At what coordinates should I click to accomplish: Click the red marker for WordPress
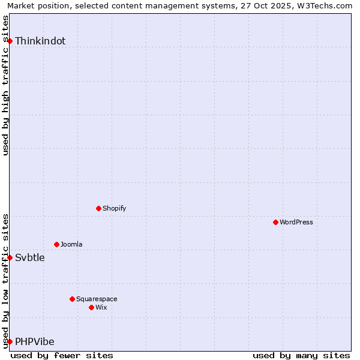[275, 222]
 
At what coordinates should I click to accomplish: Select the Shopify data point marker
[98, 208]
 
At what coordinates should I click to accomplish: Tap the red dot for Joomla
[56, 244]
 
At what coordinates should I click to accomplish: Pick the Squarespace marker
[72, 299]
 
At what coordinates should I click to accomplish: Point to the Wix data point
[91, 307]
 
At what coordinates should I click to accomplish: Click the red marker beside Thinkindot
[10, 41]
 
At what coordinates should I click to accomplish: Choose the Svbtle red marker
[10, 257]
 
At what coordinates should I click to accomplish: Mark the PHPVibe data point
[10, 341]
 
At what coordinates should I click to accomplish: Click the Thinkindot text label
[40, 41]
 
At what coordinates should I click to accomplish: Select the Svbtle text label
[30, 258]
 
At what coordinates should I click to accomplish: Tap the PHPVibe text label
[35, 342]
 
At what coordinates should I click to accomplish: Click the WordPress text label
[296, 222]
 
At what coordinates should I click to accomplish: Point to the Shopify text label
[115, 208]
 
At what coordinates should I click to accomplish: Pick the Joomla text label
[71, 244]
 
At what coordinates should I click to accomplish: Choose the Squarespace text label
[97, 299]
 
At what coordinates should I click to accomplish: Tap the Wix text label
[101, 307]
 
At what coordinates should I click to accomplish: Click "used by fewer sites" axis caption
[62, 355]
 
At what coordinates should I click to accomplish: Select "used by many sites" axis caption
[301, 355]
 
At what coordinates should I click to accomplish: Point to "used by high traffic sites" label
[6, 85]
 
